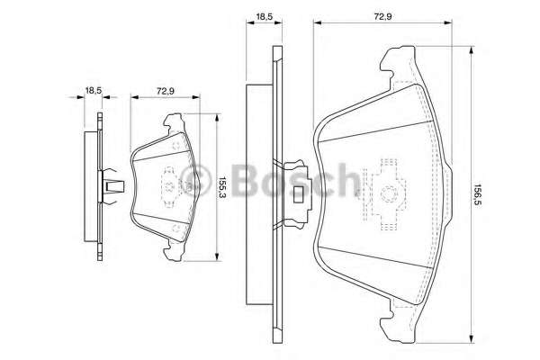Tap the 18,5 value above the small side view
coord(92,89)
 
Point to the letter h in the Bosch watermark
coord(346,180)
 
